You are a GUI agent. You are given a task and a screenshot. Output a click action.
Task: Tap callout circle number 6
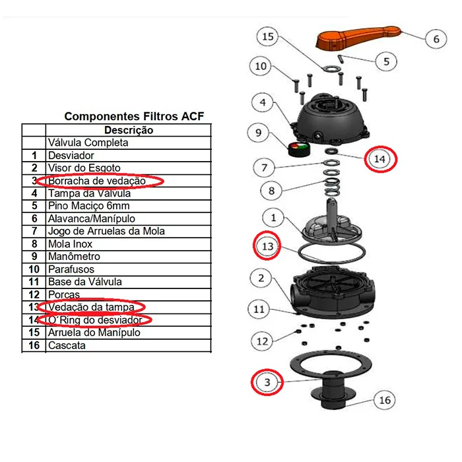pos(436,39)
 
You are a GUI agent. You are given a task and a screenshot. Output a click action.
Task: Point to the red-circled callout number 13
pos(267,246)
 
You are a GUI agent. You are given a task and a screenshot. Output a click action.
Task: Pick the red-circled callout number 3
pos(267,382)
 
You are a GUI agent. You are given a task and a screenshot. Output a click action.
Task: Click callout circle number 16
pos(385,401)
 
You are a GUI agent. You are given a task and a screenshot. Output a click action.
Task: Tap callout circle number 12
pos(263,341)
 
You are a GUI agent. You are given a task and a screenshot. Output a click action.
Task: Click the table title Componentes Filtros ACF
pos(134,116)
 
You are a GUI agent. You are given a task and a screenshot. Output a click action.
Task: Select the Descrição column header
pos(129,130)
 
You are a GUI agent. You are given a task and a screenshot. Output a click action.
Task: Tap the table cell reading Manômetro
pos(74,256)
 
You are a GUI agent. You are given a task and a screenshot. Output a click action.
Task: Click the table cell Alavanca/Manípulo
pos(91,218)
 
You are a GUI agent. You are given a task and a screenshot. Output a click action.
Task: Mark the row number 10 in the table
pos(34,269)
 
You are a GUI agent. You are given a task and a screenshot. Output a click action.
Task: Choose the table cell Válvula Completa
pos(88,143)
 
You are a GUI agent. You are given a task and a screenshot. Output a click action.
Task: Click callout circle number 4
pos(263,103)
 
